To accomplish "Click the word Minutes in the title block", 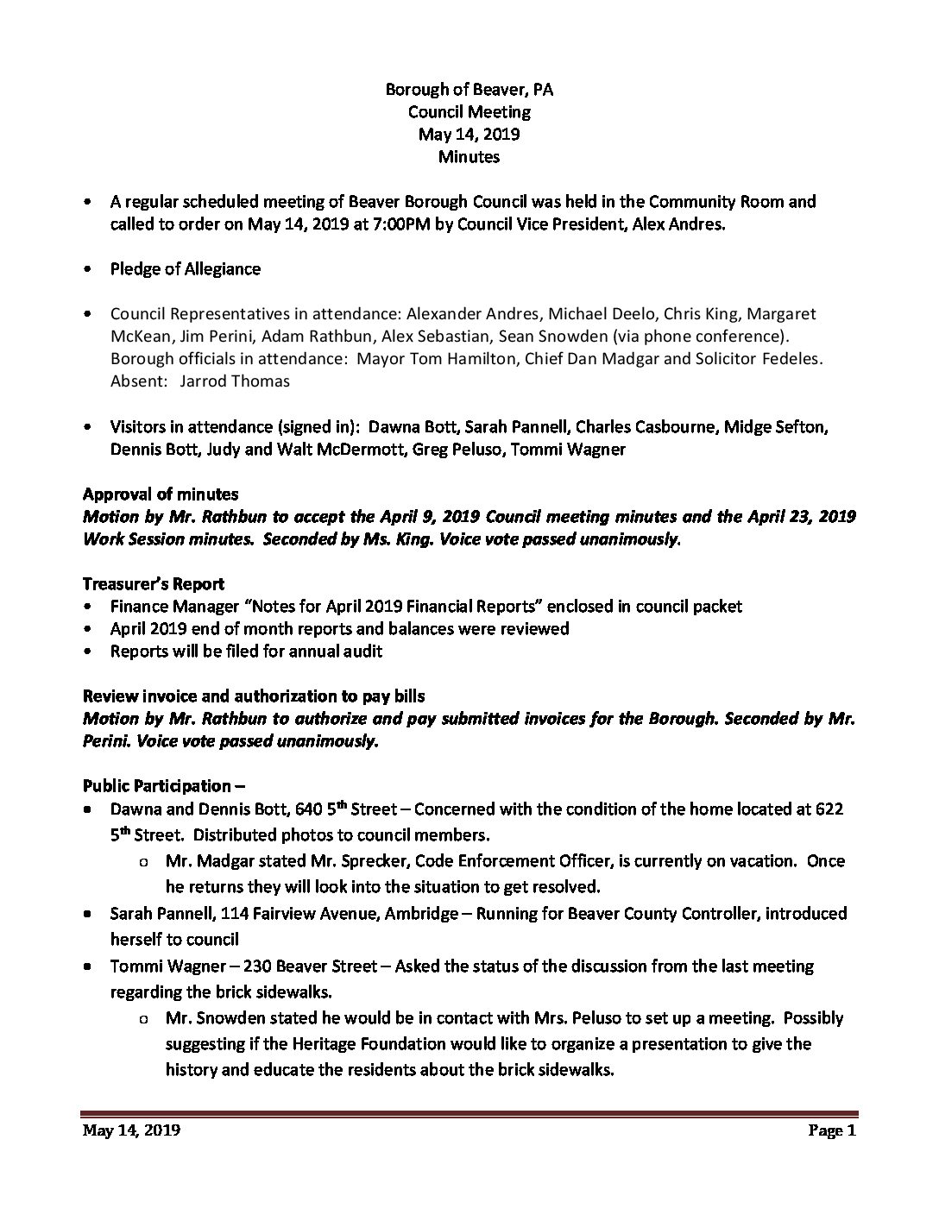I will point(469,157).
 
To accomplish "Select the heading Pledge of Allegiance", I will point(185,268).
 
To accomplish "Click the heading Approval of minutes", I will point(161,494).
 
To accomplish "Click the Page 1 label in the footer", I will point(832,1131).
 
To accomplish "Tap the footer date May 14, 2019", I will point(131,1131).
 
